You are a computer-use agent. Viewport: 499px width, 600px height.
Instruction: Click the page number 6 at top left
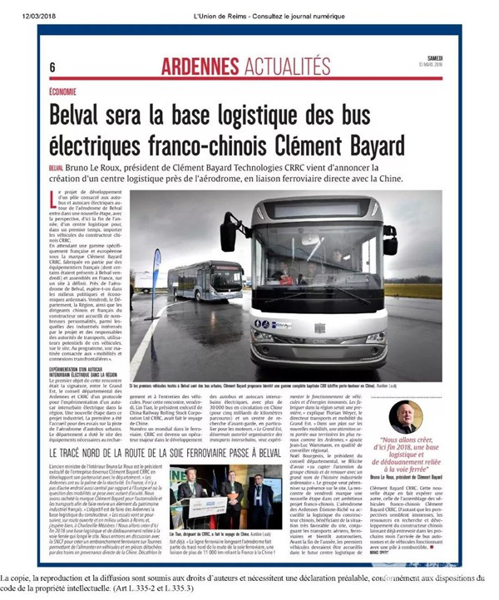click(x=52, y=66)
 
